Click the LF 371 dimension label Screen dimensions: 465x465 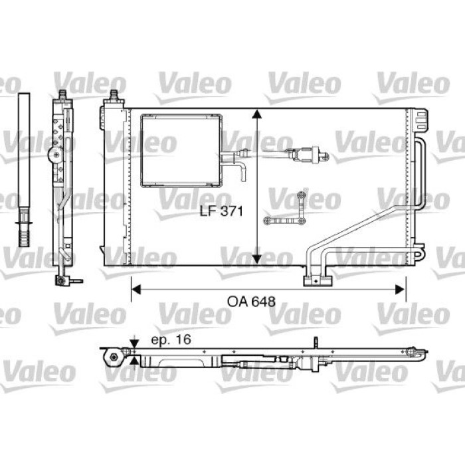[x=221, y=211]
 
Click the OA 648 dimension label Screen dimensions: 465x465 [x=251, y=302]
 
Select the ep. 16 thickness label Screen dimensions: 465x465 [x=171, y=340]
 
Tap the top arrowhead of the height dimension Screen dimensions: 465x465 [x=257, y=114]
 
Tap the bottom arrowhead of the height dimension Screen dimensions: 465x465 [x=257, y=259]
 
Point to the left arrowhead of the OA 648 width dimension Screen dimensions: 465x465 [x=136, y=290]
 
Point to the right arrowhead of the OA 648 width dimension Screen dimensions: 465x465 [x=400, y=290]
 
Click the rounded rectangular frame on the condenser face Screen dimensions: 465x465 [x=141, y=151]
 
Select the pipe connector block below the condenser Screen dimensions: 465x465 [x=318, y=280]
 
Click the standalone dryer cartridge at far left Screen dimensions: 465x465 [x=24, y=169]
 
